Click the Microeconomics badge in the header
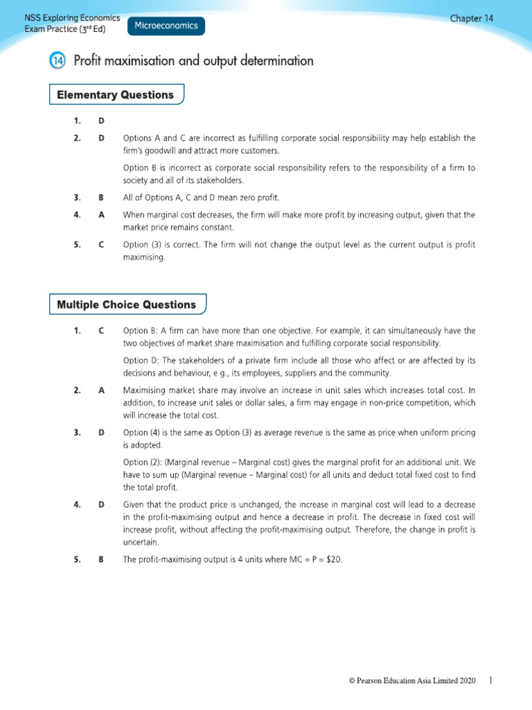166,26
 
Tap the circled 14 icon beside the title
57,62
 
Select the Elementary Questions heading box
116,95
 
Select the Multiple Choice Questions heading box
127,304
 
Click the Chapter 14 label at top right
472,19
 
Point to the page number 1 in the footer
490,682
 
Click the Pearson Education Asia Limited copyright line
412,682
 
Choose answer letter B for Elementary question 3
102,198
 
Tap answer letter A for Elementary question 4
102,215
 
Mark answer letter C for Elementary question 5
102,245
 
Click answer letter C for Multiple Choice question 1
102,331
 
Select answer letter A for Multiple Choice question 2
102,390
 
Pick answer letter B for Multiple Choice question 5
102,560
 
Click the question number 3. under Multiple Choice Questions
78,433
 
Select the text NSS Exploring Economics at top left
72,18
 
